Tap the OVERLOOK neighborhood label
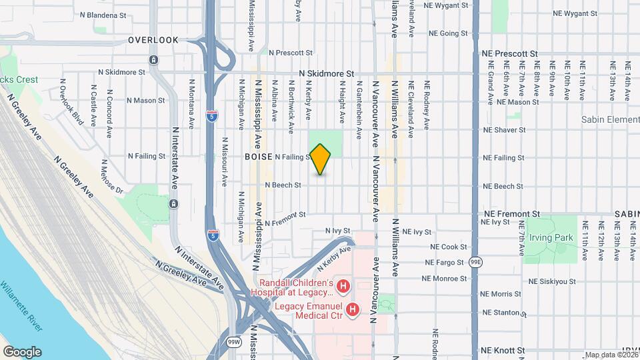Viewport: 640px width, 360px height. click(x=153, y=40)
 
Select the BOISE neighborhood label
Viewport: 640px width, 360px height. click(x=258, y=157)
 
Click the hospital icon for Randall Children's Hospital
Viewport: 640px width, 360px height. click(x=343, y=287)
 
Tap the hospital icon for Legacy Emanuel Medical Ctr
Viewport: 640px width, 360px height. click(x=353, y=309)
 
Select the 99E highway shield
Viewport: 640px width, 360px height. click(x=475, y=262)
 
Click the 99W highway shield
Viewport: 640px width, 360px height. click(x=234, y=343)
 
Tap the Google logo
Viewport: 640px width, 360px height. click(x=22, y=351)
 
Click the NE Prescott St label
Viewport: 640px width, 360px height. click(x=509, y=53)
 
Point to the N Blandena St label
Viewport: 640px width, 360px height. click(x=103, y=15)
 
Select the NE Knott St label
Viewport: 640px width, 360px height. click(x=503, y=349)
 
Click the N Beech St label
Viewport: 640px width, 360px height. click(x=283, y=185)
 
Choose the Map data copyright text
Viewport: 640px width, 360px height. click(x=611, y=355)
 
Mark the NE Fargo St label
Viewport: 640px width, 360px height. click(x=446, y=263)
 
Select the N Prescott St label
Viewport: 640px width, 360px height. click(x=291, y=53)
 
